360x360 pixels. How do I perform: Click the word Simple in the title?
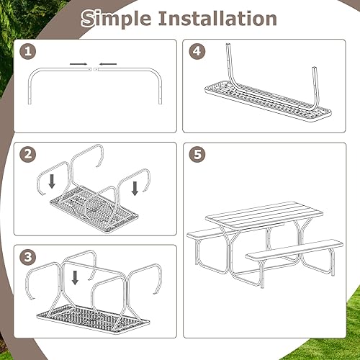coord(118,19)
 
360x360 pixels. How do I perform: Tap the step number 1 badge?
coord(28,52)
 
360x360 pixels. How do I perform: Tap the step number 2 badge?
coord(28,155)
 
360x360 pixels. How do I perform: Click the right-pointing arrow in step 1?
coord(80,64)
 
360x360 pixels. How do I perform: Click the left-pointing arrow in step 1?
coord(109,64)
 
